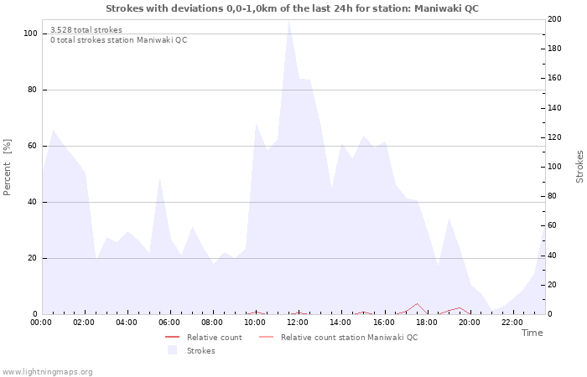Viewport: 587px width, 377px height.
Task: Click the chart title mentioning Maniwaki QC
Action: [293, 8]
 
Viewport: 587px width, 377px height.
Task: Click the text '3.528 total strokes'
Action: [86, 30]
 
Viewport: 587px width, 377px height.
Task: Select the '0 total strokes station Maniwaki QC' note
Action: [119, 40]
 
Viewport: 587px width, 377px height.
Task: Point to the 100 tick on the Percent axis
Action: [30, 34]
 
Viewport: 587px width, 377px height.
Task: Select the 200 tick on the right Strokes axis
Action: [554, 19]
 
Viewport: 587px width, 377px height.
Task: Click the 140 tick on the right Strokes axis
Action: [554, 108]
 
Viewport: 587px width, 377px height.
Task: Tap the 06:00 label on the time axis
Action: [169, 322]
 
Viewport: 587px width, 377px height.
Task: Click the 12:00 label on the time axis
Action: [298, 322]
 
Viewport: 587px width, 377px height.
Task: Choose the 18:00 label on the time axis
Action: [427, 322]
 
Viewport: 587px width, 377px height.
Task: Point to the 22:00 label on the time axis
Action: [512, 322]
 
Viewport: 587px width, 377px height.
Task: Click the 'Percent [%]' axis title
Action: [8, 167]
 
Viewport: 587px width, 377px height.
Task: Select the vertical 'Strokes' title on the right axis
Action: [579, 167]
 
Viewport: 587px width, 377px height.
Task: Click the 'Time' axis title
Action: [532, 333]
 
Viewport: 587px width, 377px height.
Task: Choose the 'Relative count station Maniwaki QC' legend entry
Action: [349, 338]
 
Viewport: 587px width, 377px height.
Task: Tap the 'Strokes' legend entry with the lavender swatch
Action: [200, 351]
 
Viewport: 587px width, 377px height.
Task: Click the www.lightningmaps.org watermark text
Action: [48, 371]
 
